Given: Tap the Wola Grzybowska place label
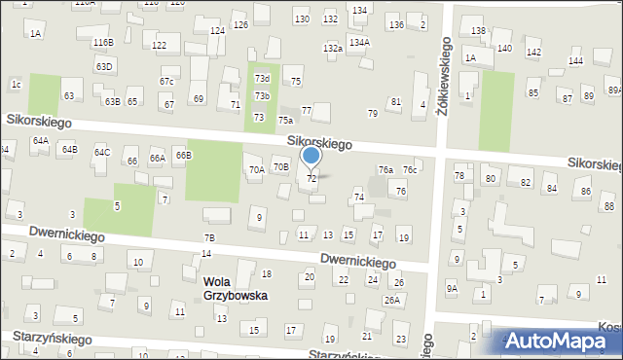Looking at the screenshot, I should pyautogui.click(x=235, y=288).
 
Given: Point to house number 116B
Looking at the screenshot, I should pyautogui.click(x=102, y=43).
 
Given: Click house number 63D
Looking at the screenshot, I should pyautogui.click(x=104, y=66).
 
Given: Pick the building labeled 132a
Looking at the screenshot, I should pyautogui.click(x=333, y=48).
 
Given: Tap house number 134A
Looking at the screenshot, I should pyautogui.click(x=359, y=43).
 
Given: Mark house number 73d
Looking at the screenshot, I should pyautogui.click(x=262, y=78).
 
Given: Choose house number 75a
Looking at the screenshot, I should pyautogui.click(x=285, y=120).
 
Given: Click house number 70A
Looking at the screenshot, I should pyautogui.click(x=256, y=169).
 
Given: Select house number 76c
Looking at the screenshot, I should pyautogui.click(x=411, y=169).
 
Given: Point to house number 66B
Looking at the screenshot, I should pyautogui.click(x=183, y=155).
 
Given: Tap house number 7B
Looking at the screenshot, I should pyautogui.click(x=209, y=237).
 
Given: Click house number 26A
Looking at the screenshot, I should pyautogui.click(x=391, y=300).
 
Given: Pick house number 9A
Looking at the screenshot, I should pyautogui.click(x=452, y=288).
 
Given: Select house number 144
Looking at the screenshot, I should pyautogui.click(x=576, y=61).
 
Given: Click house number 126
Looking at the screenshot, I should pyautogui.click(x=240, y=24).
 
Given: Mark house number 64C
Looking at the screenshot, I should pyautogui.click(x=101, y=153).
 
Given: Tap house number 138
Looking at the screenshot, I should pyautogui.click(x=478, y=32).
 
